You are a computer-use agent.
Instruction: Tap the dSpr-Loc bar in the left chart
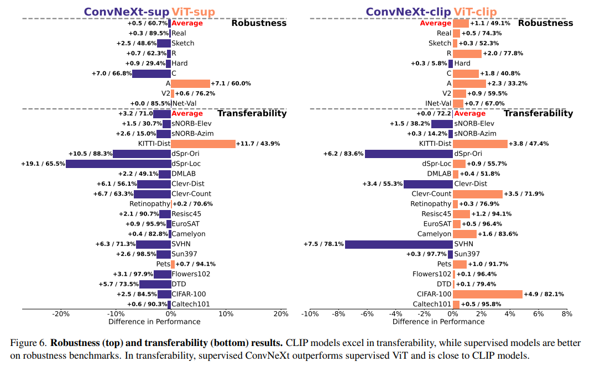click(x=118, y=164)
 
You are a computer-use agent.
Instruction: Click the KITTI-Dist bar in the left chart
click(x=203, y=144)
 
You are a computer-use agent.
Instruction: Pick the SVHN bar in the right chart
click(x=399, y=244)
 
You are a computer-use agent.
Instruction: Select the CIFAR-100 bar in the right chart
click(x=488, y=294)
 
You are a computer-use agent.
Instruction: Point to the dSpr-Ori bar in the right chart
click(x=409, y=154)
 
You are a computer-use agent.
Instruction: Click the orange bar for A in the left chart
click(x=190, y=83)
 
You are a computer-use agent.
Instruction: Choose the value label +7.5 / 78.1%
click(x=323, y=244)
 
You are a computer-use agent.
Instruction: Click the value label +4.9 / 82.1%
click(x=544, y=294)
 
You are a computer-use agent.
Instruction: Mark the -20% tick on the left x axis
click(x=60, y=314)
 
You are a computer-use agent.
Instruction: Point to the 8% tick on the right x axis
click(x=567, y=314)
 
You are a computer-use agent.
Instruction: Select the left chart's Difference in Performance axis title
click(x=154, y=322)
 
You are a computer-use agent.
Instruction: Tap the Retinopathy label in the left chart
click(x=149, y=204)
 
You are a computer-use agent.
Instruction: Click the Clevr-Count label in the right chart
click(x=432, y=194)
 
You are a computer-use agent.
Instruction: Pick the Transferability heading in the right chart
click(x=538, y=113)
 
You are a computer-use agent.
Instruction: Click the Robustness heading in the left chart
click(x=259, y=23)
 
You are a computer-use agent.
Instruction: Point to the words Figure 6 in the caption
click(x=28, y=343)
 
